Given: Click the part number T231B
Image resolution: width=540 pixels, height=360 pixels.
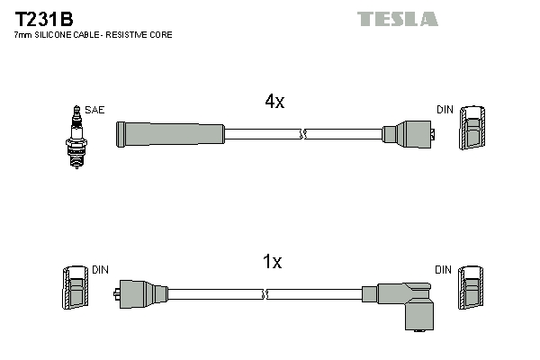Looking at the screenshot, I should (x=44, y=18).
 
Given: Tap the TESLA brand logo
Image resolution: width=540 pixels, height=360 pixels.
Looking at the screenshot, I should (x=397, y=18).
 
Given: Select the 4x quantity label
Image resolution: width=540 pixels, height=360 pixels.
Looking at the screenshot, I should (x=274, y=102).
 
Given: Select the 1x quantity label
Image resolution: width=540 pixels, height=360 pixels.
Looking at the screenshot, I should (x=272, y=262).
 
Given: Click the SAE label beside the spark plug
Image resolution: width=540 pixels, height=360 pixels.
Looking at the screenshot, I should (x=96, y=110).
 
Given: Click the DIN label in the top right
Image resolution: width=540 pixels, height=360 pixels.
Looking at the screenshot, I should (x=445, y=110).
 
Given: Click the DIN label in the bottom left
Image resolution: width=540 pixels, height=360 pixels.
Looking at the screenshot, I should (x=100, y=269).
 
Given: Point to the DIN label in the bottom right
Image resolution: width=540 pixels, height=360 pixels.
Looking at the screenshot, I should (x=443, y=269).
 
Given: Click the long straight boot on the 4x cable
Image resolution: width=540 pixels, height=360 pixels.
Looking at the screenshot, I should (x=170, y=134).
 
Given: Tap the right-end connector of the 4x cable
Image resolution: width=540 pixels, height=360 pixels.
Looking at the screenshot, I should (x=409, y=135).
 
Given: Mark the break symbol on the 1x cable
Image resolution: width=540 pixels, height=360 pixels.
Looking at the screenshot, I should (x=265, y=293).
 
